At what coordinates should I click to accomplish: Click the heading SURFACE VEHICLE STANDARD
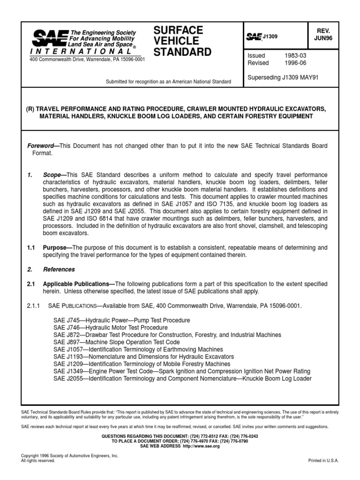coord(182,41)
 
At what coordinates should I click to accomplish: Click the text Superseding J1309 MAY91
coord(283,77)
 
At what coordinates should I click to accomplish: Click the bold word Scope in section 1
coord(52,175)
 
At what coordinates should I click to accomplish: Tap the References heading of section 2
coord(59,270)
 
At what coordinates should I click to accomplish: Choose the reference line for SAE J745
coord(121,320)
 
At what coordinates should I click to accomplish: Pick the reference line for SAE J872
coord(167,335)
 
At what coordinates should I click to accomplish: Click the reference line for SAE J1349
coord(175,371)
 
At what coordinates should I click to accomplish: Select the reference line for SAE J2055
coord(182,379)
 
